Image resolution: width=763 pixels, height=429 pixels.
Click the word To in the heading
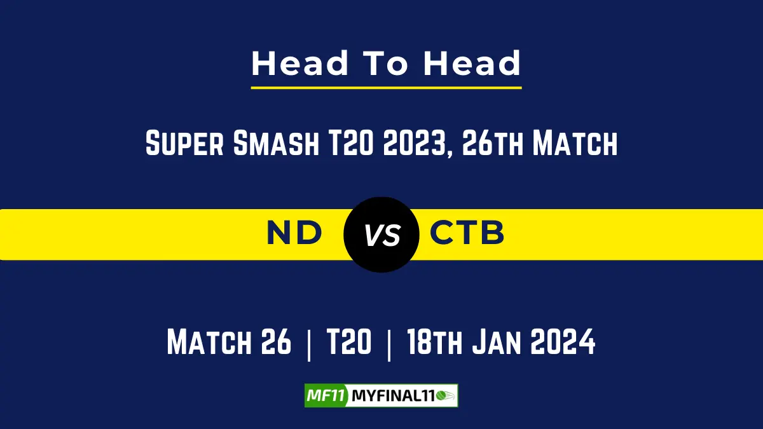click(x=386, y=64)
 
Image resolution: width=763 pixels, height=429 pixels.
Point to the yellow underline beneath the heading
click(x=386, y=87)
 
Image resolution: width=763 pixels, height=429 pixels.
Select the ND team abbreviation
click(x=294, y=234)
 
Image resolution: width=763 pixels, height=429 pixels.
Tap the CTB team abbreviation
click(x=467, y=234)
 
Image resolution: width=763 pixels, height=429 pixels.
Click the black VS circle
click(x=381, y=235)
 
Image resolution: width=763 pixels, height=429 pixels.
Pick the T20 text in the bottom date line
click(x=349, y=343)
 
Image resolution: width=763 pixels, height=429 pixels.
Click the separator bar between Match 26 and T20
click(x=310, y=344)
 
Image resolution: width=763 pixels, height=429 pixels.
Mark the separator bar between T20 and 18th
click(x=388, y=344)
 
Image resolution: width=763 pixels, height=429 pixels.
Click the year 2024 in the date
click(x=565, y=343)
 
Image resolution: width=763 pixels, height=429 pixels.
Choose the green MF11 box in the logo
click(x=325, y=396)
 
